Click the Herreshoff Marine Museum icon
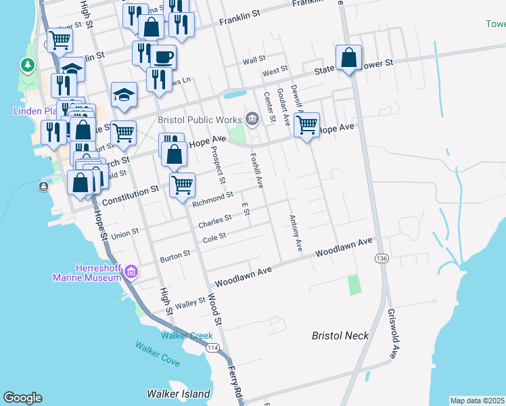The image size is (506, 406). [x=131, y=273]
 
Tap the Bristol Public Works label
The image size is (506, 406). [x=200, y=120]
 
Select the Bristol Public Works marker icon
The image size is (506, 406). [x=252, y=120]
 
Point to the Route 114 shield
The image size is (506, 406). [x=213, y=347]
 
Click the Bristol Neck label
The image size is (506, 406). [x=340, y=336]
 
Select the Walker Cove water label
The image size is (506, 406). [x=157, y=354]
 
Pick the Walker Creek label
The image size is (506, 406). [x=187, y=336]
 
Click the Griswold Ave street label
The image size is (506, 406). [x=392, y=334]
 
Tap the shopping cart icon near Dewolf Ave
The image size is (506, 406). [x=307, y=125]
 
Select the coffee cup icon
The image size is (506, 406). [x=163, y=56]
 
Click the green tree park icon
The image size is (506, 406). [x=28, y=66]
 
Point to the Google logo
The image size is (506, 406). [x=22, y=398]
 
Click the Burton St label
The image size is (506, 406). [x=175, y=258]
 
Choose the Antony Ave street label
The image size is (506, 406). [x=295, y=234]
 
